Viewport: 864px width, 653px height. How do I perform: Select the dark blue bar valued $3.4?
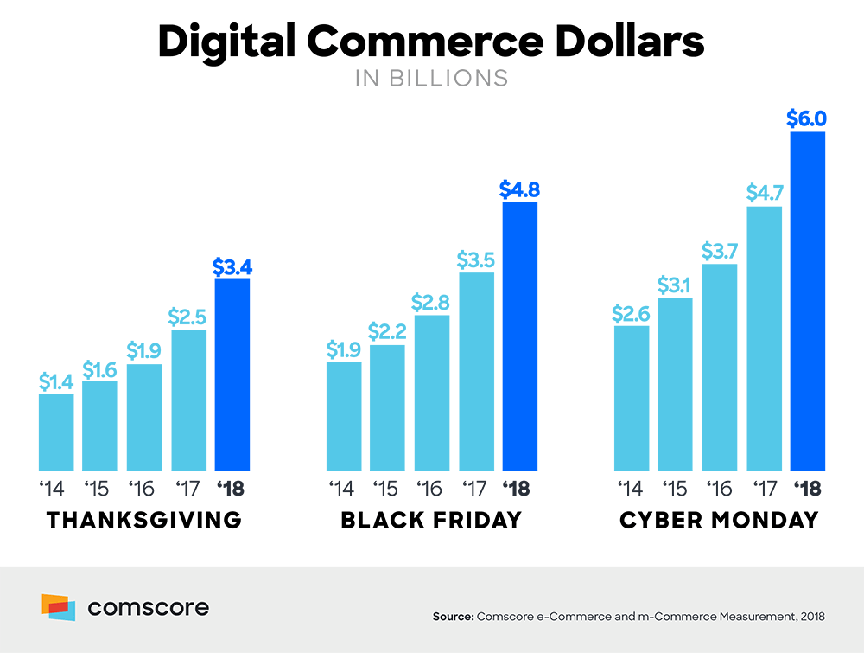click(x=232, y=375)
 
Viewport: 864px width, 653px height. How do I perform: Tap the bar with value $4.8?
click(x=519, y=336)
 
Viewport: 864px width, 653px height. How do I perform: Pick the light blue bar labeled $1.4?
click(x=55, y=432)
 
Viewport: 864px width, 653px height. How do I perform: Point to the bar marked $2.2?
click(x=387, y=407)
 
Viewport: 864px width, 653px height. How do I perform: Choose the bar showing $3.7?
click(x=720, y=368)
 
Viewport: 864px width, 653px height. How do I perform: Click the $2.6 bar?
click(x=631, y=398)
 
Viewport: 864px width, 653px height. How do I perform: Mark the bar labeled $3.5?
click(x=476, y=372)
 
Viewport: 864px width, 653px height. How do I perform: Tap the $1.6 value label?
click(x=99, y=369)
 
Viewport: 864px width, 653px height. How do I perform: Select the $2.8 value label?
click(x=431, y=303)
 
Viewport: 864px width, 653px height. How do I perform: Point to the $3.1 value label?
click(x=675, y=285)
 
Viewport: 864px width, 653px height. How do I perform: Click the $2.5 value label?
click(x=188, y=317)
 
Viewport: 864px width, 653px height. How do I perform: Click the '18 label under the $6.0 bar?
click(x=807, y=490)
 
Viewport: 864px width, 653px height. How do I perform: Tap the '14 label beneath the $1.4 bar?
click(x=53, y=490)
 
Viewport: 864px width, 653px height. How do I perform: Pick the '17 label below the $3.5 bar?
click(x=474, y=490)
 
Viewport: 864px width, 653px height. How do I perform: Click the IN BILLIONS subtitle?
click(x=432, y=78)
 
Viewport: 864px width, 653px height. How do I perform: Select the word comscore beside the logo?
click(x=148, y=608)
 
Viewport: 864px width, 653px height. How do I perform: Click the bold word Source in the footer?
click(x=452, y=617)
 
